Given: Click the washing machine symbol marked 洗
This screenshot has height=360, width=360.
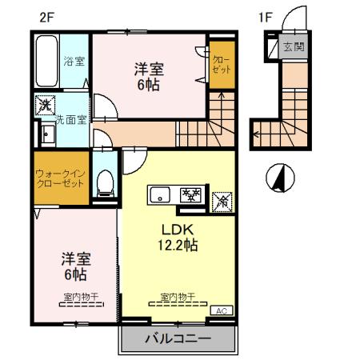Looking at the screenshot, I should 45,104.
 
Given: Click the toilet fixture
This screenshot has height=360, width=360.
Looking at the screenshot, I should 103,183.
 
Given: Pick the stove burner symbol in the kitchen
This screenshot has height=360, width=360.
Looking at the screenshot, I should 193,194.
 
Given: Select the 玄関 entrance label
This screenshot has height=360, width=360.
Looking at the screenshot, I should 293,47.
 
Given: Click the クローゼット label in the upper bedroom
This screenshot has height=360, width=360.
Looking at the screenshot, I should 218,63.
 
